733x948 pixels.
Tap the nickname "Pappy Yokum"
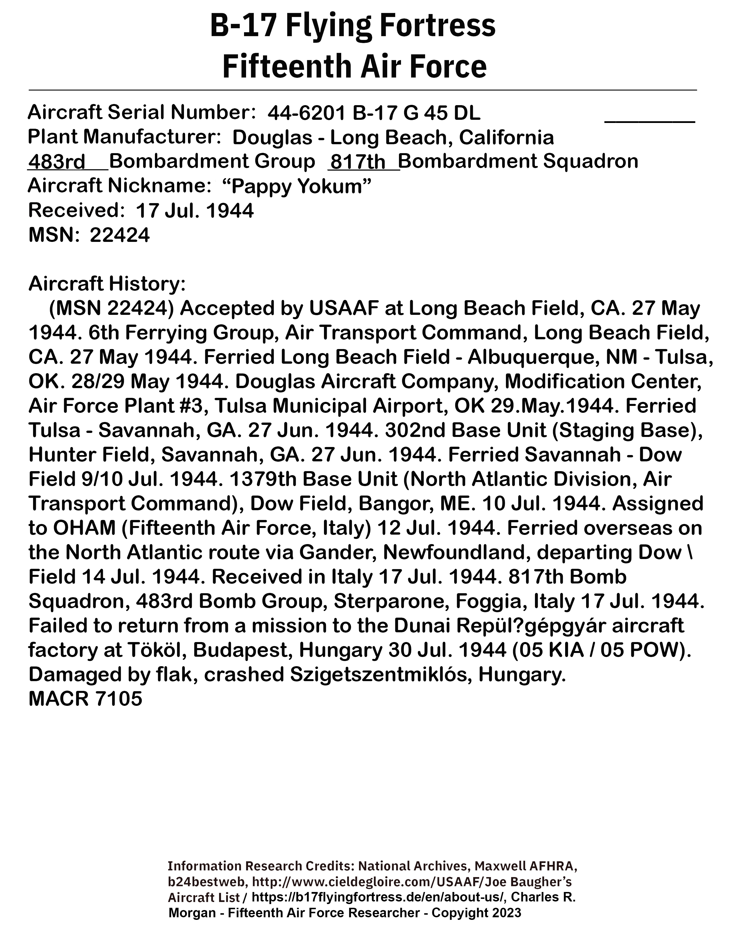(297, 187)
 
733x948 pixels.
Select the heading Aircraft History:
(107, 284)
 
